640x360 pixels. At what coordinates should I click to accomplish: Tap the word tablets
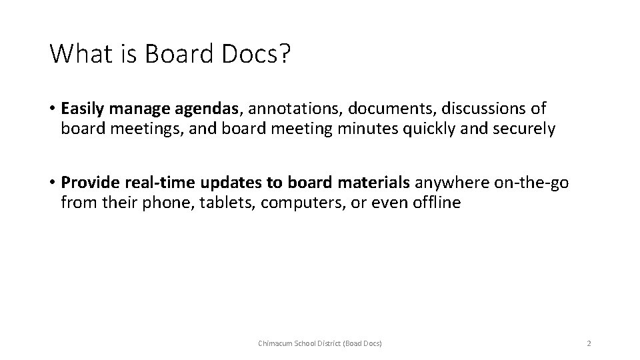(x=230, y=202)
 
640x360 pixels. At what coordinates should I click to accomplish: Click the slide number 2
(x=589, y=343)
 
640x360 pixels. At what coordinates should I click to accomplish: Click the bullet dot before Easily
(x=53, y=109)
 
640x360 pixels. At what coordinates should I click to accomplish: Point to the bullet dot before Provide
(x=53, y=183)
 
